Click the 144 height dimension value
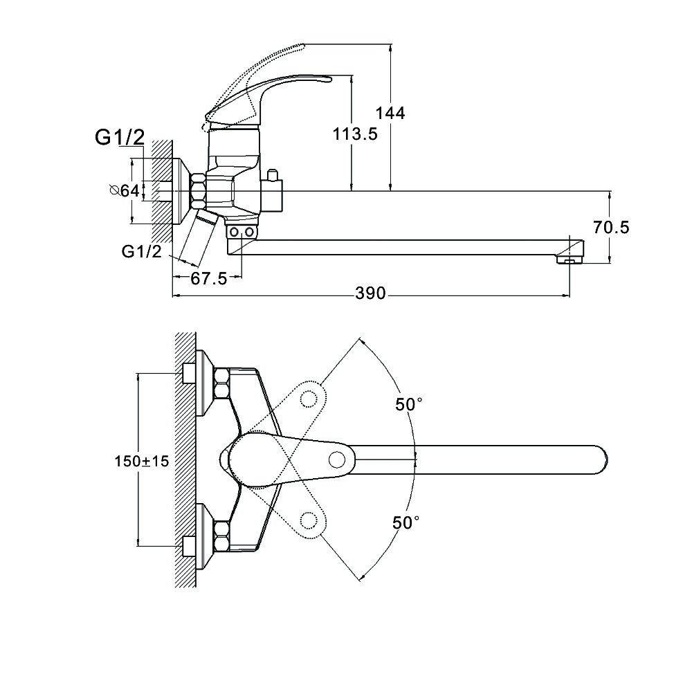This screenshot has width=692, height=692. tap(390, 113)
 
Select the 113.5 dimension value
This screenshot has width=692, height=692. tap(355, 134)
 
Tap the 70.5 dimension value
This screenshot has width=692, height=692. tap(611, 227)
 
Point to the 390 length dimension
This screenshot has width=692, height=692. tap(370, 293)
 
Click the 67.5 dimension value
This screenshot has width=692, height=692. tap(208, 279)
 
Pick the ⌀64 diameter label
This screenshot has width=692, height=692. tap(125, 190)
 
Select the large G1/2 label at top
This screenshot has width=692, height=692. tap(119, 138)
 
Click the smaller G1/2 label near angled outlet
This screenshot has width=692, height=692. tap(141, 252)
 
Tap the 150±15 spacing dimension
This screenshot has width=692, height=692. tap(141, 461)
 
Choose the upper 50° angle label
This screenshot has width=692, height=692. tap(409, 404)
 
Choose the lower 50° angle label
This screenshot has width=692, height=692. tap(406, 523)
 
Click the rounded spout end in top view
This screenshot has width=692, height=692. tap(601, 459)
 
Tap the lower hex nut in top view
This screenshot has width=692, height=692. tap(223, 538)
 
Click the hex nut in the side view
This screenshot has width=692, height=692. tap(198, 191)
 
